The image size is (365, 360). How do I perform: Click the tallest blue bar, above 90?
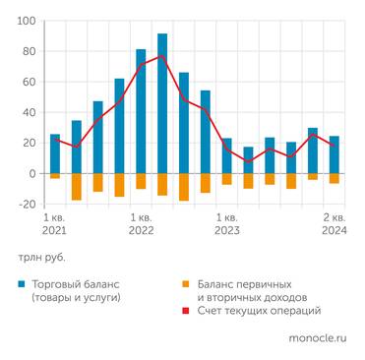[162, 103]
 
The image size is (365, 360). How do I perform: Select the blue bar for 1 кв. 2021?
[55, 153]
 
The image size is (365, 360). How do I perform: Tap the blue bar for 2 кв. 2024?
[335, 154]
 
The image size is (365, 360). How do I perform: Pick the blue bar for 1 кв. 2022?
[141, 111]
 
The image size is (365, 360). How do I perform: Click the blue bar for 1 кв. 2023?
[227, 155]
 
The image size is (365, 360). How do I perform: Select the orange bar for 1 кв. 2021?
[55, 176]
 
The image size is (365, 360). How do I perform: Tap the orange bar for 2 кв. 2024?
[335, 178]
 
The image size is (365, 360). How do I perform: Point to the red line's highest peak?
[162, 56]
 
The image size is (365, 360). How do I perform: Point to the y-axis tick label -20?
[27, 205]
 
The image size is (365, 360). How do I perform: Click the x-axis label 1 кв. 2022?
[141, 223]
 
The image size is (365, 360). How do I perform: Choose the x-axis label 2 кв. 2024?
[334, 223]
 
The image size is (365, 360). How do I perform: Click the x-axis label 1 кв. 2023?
[226, 223]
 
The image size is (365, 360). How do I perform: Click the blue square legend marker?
[22, 284]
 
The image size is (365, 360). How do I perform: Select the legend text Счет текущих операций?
[262, 311]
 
